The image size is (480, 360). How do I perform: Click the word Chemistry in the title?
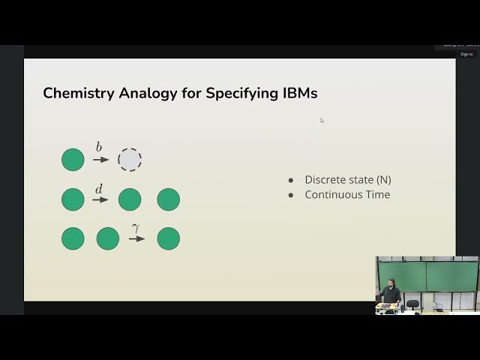[77, 94]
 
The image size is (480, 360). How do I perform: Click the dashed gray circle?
[130, 160]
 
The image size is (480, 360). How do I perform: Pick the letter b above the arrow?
[99, 148]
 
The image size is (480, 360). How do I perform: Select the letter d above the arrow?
[99, 189]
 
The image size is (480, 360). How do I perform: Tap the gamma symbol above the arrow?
[136, 228]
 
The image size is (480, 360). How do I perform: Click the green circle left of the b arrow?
[73, 160]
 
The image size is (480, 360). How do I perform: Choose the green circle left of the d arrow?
[73, 199]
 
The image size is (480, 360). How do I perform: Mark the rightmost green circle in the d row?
[168, 199]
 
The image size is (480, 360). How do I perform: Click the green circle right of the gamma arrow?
[168, 239]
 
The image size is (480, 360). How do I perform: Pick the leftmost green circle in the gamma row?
[73, 239]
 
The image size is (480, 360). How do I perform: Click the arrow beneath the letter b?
[100, 160]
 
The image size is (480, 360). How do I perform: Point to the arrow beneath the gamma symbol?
[136, 239]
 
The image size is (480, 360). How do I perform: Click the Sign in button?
[466, 54]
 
